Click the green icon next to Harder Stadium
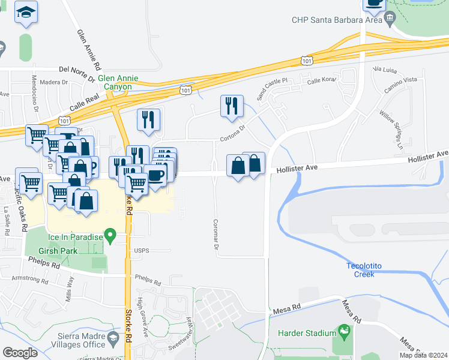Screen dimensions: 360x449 pyautogui.click(x=344, y=330)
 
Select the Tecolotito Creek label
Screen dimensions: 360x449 pyautogui.click(x=369, y=270)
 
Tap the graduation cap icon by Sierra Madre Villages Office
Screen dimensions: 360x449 pyautogui.click(x=113, y=341)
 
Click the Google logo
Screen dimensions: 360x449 pyautogui.click(x=20, y=352)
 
